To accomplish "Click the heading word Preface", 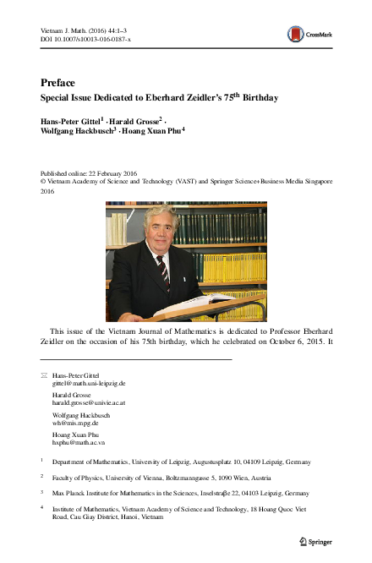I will point(57,83).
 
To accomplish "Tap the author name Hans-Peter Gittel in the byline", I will point(70,121).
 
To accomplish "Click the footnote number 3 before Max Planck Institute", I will point(41,491).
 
